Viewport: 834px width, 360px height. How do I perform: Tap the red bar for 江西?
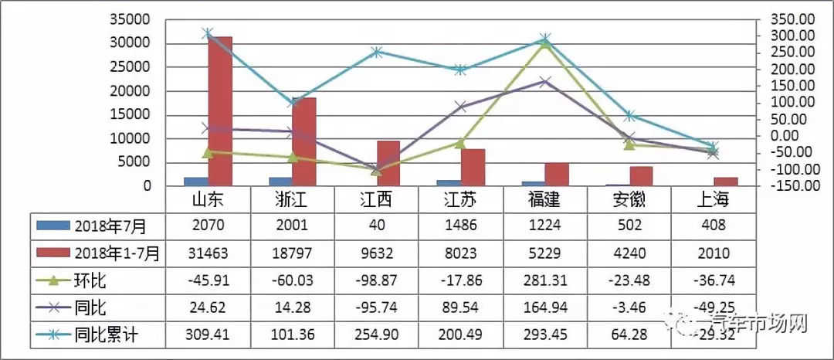[388, 163]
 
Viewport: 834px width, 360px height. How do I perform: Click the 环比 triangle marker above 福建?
[545, 43]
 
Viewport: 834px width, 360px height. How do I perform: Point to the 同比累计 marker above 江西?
[376, 52]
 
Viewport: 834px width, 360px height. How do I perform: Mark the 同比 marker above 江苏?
[460, 107]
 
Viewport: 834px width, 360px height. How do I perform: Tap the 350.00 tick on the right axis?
[795, 19]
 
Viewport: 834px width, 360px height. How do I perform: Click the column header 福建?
[545, 201]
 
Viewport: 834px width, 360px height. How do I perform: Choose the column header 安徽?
[629, 201]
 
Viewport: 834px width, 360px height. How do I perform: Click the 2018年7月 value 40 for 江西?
[376, 226]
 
